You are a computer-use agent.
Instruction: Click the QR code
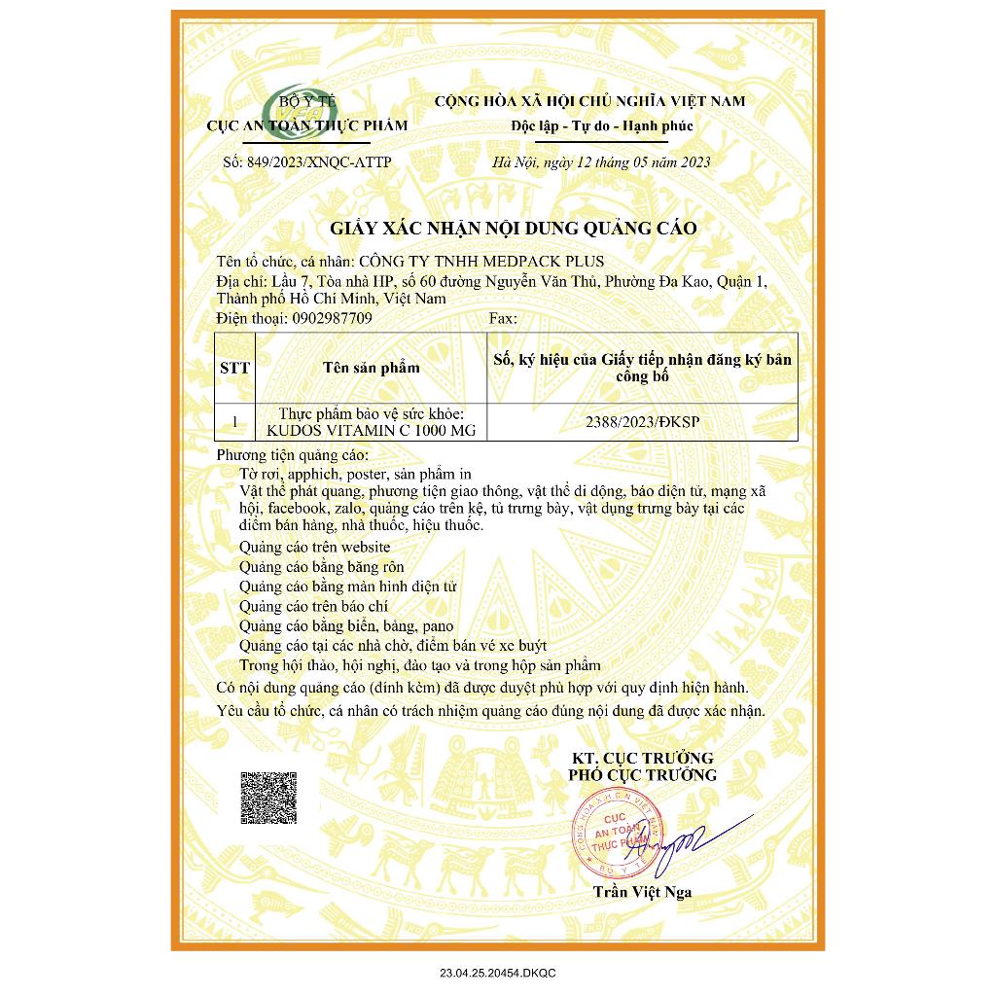[268, 797]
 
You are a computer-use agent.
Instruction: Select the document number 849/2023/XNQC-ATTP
[306, 162]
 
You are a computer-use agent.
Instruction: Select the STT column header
[235, 368]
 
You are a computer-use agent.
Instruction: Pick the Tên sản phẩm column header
[371, 368]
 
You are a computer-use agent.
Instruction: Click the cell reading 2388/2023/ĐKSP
[643, 422]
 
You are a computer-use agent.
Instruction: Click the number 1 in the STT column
[235, 422]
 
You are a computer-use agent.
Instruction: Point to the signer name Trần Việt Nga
[643, 892]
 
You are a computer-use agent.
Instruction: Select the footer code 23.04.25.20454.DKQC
[498, 973]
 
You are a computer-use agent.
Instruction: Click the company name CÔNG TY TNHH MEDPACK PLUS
[481, 262]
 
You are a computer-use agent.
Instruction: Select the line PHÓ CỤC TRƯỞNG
[643, 775]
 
